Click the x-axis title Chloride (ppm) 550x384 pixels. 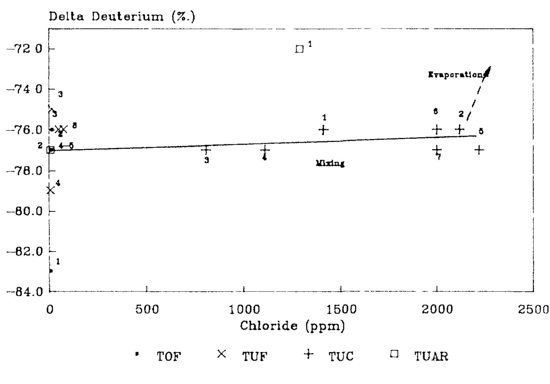pyautogui.click(x=292, y=326)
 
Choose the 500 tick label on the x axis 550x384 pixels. pyautogui.click(x=147, y=310)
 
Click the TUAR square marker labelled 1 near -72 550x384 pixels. pyautogui.click(x=299, y=49)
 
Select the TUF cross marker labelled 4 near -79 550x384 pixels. pyautogui.click(x=50, y=190)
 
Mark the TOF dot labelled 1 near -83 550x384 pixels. pyautogui.click(x=51, y=270)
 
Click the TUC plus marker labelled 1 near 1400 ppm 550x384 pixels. pyautogui.click(x=323, y=129)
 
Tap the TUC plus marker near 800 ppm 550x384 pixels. pyautogui.click(x=206, y=149)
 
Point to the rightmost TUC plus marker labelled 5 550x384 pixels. pyautogui.click(x=479, y=150)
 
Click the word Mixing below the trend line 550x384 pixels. pyautogui.click(x=330, y=163)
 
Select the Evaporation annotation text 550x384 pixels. pyautogui.click(x=456, y=75)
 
